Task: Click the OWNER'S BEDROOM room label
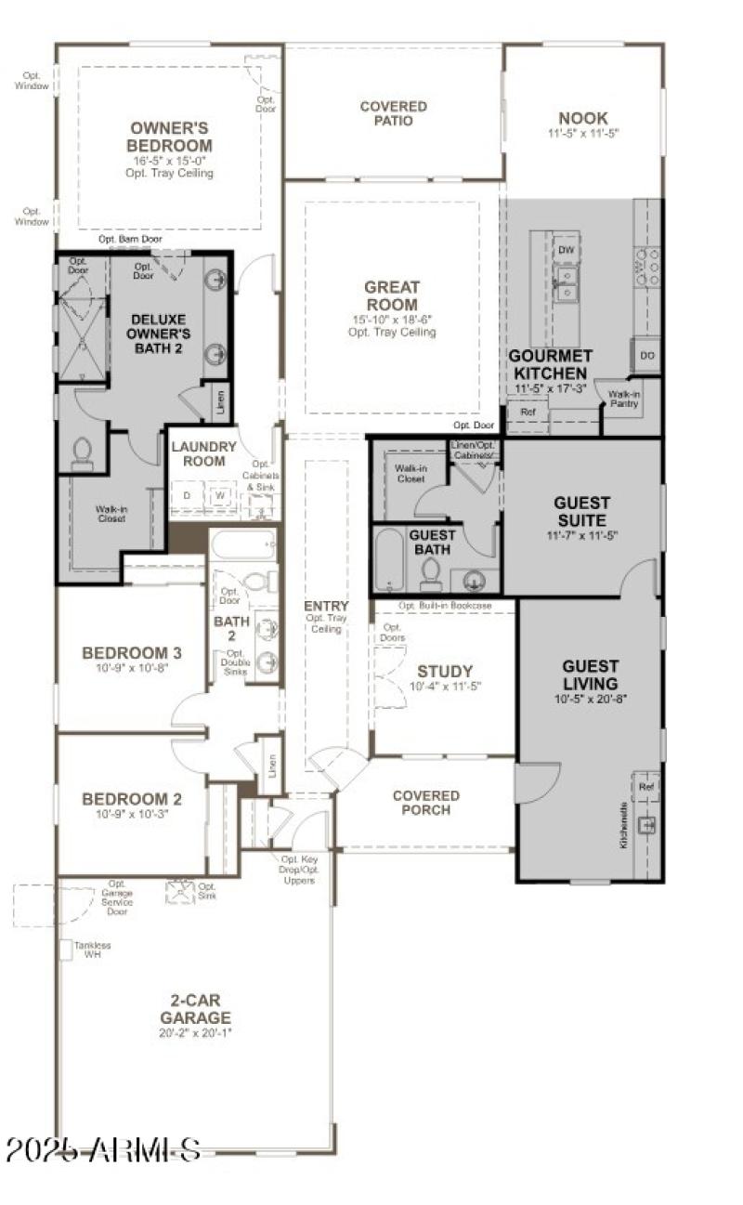point(170,137)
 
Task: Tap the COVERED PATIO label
point(394,113)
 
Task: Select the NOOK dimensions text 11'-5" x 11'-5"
point(583,134)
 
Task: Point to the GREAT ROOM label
point(391,295)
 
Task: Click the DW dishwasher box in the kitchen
point(565,250)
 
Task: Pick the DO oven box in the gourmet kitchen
point(646,355)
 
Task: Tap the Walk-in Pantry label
point(624,399)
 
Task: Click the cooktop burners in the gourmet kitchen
point(646,266)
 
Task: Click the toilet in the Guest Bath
point(431,575)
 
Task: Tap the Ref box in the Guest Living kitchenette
point(646,787)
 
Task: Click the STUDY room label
point(444,672)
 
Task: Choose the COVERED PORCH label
point(425,803)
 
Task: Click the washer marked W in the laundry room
point(221,496)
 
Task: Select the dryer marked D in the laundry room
point(187,496)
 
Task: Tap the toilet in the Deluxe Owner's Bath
point(81,453)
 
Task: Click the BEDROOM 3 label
point(131,652)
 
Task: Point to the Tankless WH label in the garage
point(92,950)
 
